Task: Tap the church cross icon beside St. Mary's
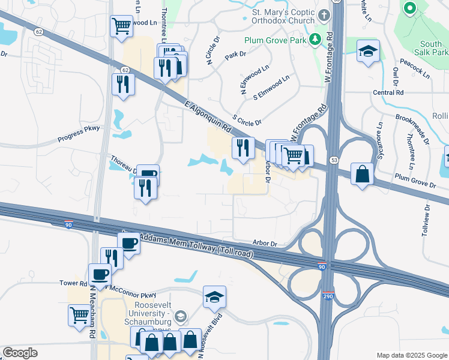point(324,14)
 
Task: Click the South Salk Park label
point(431,49)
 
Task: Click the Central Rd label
point(388,93)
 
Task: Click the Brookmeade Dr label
point(415,126)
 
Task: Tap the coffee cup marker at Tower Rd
point(100,275)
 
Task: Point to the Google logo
point(20,353)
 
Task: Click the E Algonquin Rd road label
point(208,117)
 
